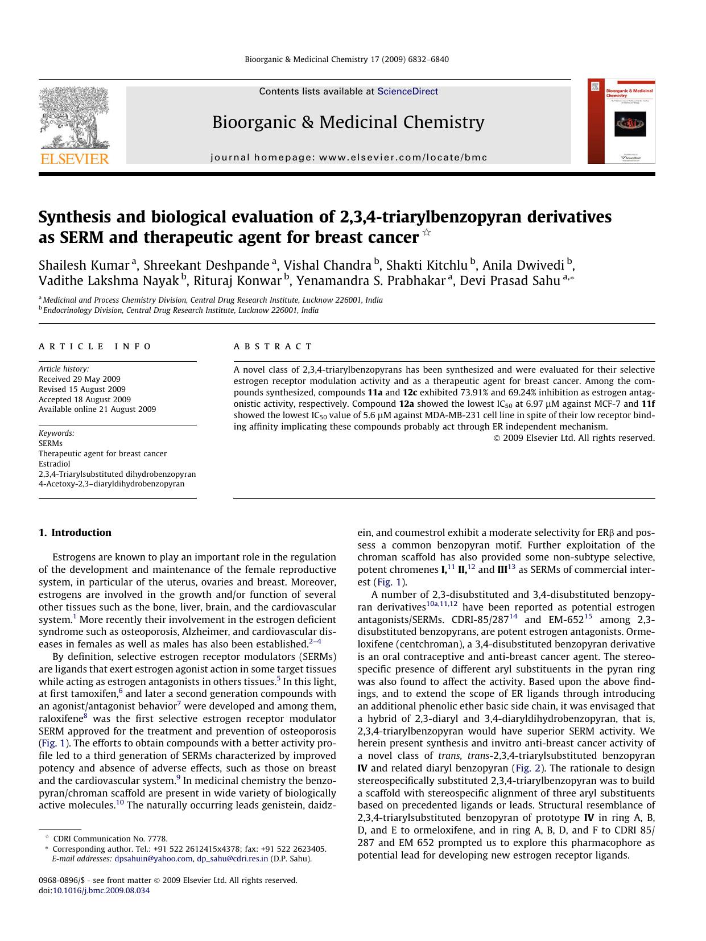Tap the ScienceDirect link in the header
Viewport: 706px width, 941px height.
[407, 91]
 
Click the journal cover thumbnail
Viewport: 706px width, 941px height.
[621, 122]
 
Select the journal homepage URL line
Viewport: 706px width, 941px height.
[349, 158]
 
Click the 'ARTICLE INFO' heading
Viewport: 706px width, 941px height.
[95, 346]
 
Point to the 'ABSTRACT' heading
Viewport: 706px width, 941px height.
[273, 346]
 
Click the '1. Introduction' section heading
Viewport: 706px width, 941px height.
[75, 533]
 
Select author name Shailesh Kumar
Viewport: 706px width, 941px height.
[84, 265]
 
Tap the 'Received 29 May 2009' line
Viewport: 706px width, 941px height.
[80, 379]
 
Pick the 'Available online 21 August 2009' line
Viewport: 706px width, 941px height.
[97, 409]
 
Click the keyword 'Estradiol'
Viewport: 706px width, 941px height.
[55, 464]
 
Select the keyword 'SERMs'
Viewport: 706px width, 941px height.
[51, 443]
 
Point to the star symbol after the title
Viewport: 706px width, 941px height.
[427, 233]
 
